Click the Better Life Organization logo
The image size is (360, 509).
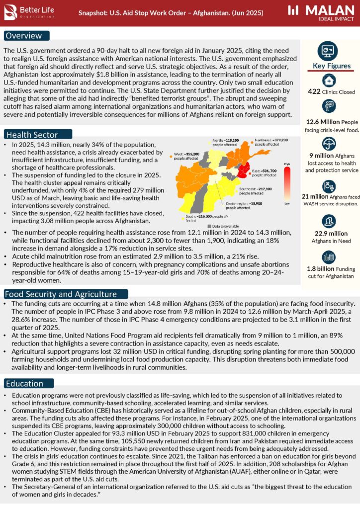click(30, 12)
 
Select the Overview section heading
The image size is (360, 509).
click(27, 36)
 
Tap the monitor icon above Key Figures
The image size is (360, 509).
click(328, 51)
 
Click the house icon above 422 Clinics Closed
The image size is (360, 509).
click(328, 81)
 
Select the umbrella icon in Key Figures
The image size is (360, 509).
click(328, 144)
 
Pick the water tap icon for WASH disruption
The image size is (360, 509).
click(328, 186)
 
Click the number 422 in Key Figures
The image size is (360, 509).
click(314, 92)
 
